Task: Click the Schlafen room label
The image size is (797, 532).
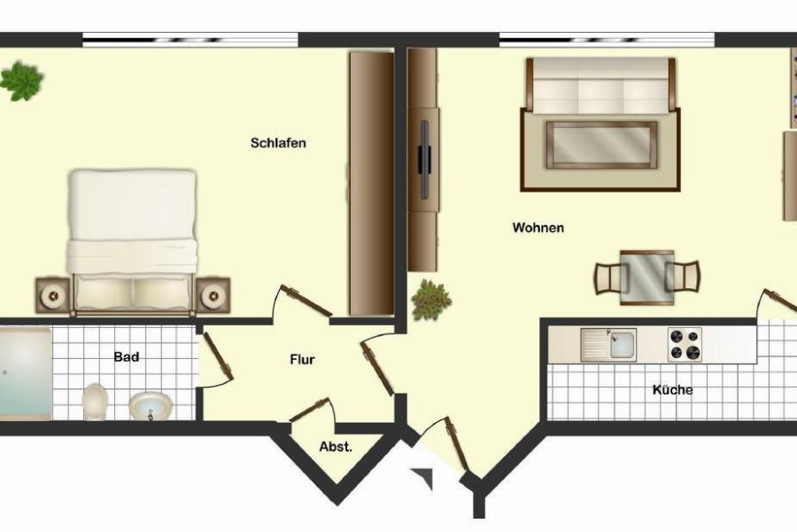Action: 278,143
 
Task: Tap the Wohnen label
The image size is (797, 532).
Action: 538,228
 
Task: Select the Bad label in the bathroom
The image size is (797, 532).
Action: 127,356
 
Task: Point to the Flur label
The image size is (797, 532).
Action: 303,359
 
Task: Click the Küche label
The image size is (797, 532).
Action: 672,390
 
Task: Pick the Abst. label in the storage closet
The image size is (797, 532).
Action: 336,447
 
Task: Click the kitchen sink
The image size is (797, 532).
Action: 608,345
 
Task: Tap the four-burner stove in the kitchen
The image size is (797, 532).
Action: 685,345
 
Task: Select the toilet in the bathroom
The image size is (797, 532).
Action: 95,402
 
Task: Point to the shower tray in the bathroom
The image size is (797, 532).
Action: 25,373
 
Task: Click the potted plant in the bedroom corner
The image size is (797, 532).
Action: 21,81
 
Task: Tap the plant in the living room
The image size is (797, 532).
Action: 431,300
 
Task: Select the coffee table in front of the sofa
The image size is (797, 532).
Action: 601,145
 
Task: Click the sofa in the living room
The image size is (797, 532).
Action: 600,86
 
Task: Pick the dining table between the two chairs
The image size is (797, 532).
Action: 646,278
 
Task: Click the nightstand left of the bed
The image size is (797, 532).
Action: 53,295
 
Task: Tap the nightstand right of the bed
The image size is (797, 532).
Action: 213,295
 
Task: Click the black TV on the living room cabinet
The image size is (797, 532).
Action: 424,160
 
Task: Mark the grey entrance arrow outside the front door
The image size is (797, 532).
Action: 425,477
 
